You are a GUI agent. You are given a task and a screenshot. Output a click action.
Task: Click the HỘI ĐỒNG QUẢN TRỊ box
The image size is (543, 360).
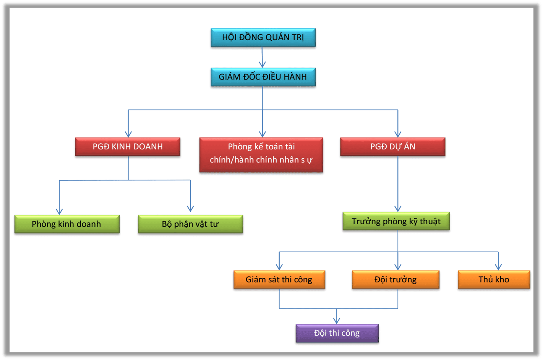click(263, 37)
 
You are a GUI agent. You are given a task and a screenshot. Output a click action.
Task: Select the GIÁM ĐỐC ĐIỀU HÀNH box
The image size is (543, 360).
click(263, 77)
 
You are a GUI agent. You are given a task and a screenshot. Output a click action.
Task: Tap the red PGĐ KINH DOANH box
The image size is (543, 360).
click(128, 147)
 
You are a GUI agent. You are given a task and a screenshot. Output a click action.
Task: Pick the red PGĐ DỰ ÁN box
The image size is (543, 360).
click(392, 147)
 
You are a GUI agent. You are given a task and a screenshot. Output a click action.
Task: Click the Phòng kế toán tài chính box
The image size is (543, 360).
click(261, 154)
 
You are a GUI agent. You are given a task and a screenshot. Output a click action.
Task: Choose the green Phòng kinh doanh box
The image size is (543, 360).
click(67, 224)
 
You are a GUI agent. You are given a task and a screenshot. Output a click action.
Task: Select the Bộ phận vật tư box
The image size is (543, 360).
click(190, 224)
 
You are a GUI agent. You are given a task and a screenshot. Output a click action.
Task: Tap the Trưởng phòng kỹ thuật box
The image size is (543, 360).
click(396, 221)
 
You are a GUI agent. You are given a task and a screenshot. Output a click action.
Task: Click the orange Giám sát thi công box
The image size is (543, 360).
click(279, 279)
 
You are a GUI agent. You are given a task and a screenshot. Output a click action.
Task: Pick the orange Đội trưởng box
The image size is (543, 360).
click(395, 279)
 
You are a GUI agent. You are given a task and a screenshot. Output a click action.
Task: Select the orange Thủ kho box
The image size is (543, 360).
click(494, 279)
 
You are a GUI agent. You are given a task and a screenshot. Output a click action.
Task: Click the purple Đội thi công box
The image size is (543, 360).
click(337, 333)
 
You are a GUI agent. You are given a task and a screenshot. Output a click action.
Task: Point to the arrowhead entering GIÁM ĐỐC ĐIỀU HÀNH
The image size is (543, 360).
click(263, 65)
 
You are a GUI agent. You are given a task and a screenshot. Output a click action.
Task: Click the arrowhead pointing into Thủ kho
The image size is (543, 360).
click(498, 267)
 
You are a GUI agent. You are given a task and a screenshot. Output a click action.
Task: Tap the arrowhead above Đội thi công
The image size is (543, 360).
click(337, 321)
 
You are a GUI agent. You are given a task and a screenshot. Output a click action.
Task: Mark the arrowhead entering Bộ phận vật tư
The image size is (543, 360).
click(190, 208)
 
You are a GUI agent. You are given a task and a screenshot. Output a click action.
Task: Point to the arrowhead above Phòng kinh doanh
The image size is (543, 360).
click(59, 211)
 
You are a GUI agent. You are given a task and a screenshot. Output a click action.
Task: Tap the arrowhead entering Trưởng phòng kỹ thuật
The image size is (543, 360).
click(398, 208)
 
